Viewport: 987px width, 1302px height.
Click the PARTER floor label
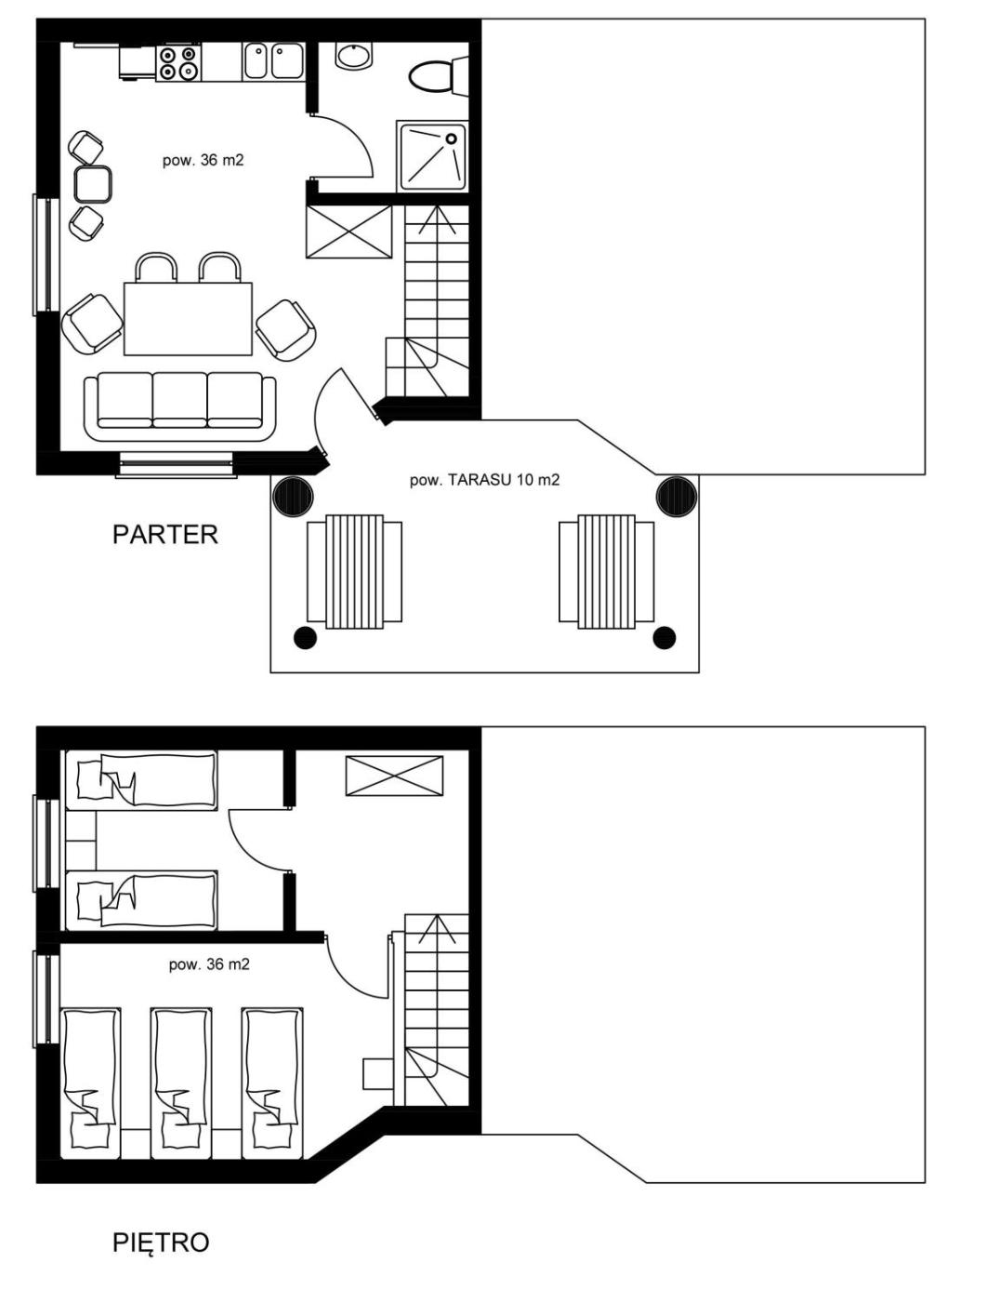point(164,535)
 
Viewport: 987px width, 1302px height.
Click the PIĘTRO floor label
point(161,1242)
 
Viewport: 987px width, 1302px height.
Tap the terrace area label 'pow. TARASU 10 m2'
point(484,480)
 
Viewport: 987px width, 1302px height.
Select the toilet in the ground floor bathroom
point(438,74)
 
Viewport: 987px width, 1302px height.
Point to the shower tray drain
point(451,139)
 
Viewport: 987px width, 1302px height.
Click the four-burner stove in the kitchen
point(178,62)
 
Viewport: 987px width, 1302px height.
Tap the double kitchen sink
point(273,61)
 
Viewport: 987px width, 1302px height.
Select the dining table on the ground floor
point(188,319)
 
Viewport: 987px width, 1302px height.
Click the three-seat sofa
point(179,406)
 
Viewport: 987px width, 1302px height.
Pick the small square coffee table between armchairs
point(93,184)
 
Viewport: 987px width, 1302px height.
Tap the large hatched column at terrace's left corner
point(293,496)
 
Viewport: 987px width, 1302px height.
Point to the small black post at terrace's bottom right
point(664,638)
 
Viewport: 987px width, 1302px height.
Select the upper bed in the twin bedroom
point(141,780)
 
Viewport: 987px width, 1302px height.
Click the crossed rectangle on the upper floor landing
point(394,776)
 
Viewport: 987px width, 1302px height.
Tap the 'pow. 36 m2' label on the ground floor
point(203,160)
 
